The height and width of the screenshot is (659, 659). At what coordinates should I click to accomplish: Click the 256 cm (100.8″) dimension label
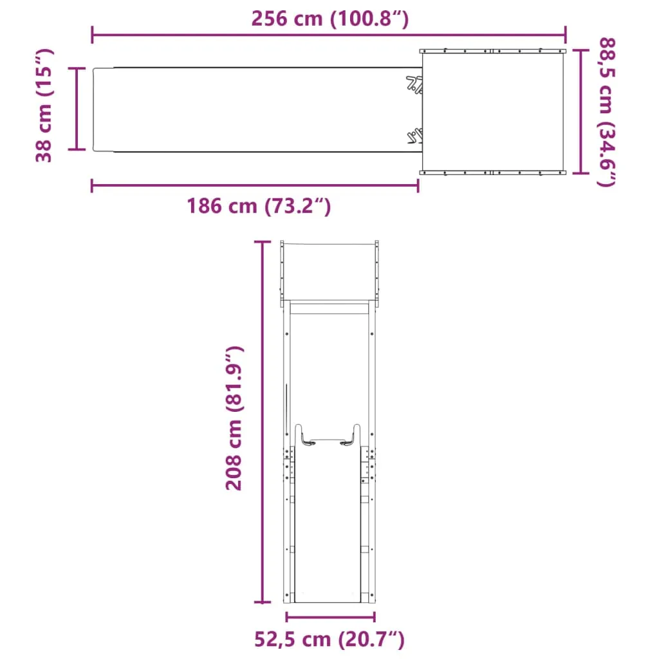pos(330,19)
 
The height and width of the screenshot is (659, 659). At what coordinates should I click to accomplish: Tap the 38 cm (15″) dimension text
pos(44,106)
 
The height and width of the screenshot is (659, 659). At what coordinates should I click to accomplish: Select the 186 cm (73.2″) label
pos(259,207)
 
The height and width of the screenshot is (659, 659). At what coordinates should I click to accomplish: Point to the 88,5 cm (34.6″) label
pos(607,112)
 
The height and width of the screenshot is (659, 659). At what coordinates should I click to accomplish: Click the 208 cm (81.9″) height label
pos(234,418)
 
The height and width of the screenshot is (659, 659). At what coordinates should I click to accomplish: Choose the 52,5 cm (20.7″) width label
pos(329,639)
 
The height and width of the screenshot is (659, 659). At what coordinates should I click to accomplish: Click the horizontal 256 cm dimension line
pos(329,35)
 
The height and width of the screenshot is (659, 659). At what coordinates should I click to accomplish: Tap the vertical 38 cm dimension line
pos(77,108)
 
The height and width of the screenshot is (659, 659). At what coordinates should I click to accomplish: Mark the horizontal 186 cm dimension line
pos(255,185)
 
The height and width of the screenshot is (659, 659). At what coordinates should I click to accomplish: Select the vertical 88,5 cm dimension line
pos(580,111)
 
